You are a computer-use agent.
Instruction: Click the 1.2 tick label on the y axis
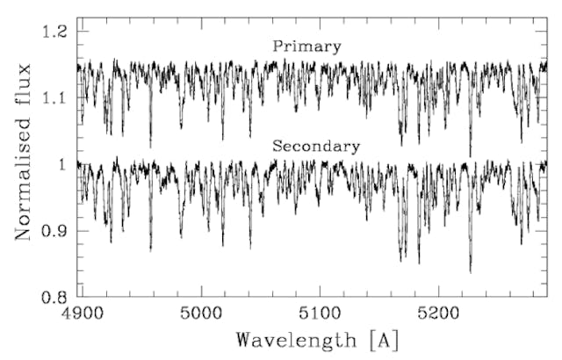[x=55, y=32]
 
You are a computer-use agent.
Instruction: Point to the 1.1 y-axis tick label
[x=55, y=98]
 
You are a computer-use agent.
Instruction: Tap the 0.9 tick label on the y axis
[x=55, y=231]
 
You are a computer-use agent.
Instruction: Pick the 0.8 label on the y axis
[x=55, y=298]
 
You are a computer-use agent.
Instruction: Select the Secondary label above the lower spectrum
[x=316, y=147]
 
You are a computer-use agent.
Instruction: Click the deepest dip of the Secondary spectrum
[x=470, y=271]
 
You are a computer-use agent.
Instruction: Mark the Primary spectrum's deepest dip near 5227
[x=470, y=155]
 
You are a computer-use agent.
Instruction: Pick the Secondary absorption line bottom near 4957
[x=150, y=250]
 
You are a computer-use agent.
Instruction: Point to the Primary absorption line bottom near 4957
[x=150, y=146]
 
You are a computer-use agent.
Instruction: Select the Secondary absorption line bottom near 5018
[x=222, y=246]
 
